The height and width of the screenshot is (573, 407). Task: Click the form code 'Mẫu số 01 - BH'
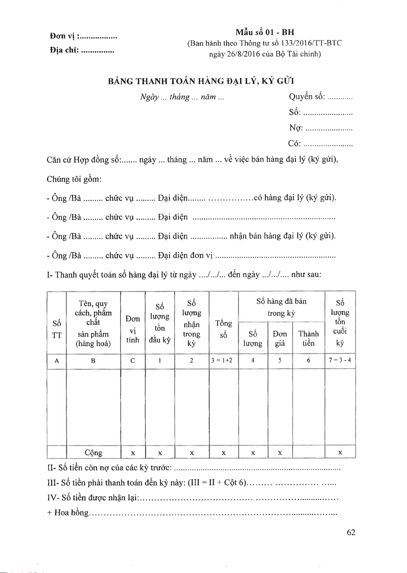pyautogui.click(x=265, y=32)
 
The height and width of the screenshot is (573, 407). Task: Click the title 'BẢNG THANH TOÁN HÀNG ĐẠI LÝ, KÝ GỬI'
pyautogui.click(x=201, y=81)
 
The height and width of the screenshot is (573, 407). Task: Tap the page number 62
pyautogui.click(x=351, y=532)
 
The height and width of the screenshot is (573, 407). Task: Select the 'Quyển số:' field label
pyautogui.click(x=307, y=97)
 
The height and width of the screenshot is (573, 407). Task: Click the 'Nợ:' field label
pyautogui.click(x=296, y=128)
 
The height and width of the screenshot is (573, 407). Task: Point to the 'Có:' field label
pyautogui.click(x=295, y=143)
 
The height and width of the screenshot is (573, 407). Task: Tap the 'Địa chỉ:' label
pyautogui.click(x=64, y=50)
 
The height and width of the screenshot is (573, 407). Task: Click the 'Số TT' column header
pyautogui.click(x=57, y=329)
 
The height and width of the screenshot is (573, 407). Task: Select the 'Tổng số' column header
pyautogui.click(x=224, y=329)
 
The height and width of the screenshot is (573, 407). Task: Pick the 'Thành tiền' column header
pyautogui.click(x=308, y=338)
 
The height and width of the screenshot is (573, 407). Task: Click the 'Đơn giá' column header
pyautogui.click(x=280, y=338)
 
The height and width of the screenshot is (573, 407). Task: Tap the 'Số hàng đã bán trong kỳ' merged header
pyautogui.click(x=281, y=307)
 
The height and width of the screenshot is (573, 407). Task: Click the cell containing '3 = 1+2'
pyautogui.click(x=224, y=361)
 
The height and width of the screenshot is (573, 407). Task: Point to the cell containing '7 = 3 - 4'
pyautogui.click(x=340, y=360)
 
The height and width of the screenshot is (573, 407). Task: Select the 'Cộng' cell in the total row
pyautogui.click(x=94, y=452)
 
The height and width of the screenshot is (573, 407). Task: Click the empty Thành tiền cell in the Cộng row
pyautogui.click(x=308, y=452)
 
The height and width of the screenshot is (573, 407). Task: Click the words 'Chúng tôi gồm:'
pyautogui.click(x=74, y=179)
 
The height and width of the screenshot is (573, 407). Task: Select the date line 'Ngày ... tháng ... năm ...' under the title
pyautogui.click(x=182, y=97)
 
